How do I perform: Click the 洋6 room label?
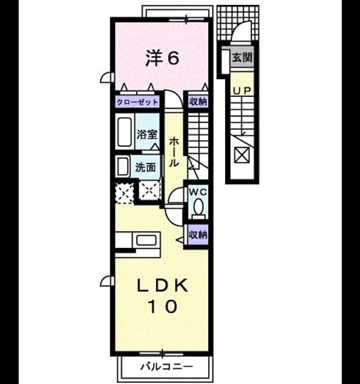tap(162, 58)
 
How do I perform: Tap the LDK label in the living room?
tap(162, 285)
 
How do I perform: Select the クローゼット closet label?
tap(137, 102)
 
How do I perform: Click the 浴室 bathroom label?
tap(146, 135)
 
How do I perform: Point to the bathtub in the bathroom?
tap(124, 132)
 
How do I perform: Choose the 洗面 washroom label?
tap(145, 168)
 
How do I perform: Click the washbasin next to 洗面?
tap(123, 167)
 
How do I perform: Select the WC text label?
tap(198, 193)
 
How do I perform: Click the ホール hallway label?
tap(174, 152)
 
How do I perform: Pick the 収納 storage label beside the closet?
tap(198, 102)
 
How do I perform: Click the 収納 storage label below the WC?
tap(198, 235)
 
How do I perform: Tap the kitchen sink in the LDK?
tap(146, 240)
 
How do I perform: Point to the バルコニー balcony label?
tap(167, 366)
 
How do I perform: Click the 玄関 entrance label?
tap(242, 58)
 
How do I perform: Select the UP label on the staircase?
tap(242, 91)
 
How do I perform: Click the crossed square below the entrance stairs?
tap(242, 155)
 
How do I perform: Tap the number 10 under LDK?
tap(162, 307)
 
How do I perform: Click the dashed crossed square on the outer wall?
tap(124, 193)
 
